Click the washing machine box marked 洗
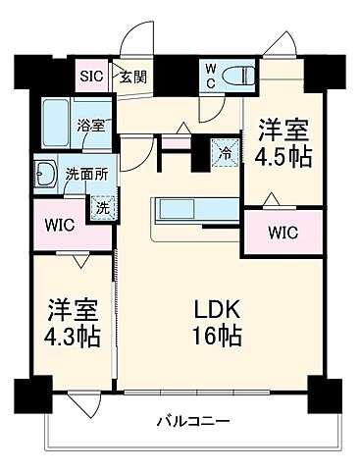[x=100, y=207]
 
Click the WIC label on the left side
[x=60, y=223]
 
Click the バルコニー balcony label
[x=193, y=422]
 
